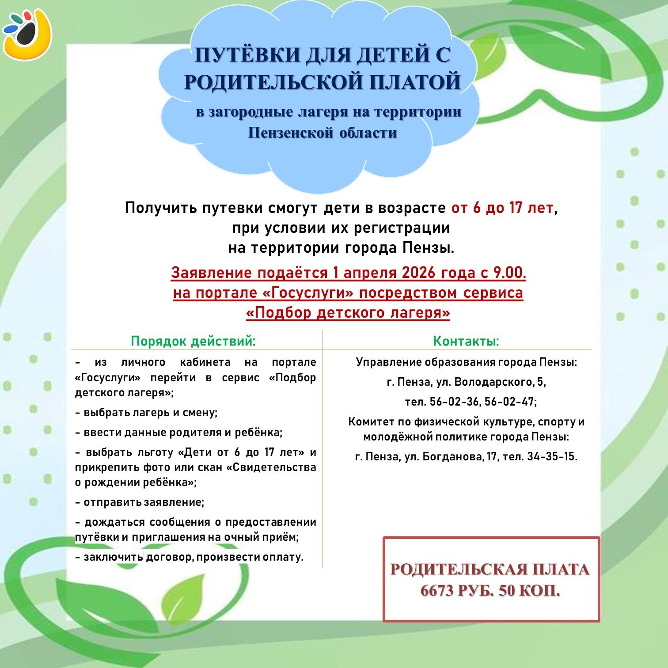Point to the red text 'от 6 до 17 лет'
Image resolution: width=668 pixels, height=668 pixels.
(502, 208)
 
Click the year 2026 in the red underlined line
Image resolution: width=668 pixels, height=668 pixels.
(420, 273)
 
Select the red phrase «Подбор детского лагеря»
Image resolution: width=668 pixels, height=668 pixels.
(348, 312)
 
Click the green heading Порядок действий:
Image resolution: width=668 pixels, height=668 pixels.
(193, 341)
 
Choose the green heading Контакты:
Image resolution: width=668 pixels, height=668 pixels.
(466, 341)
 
